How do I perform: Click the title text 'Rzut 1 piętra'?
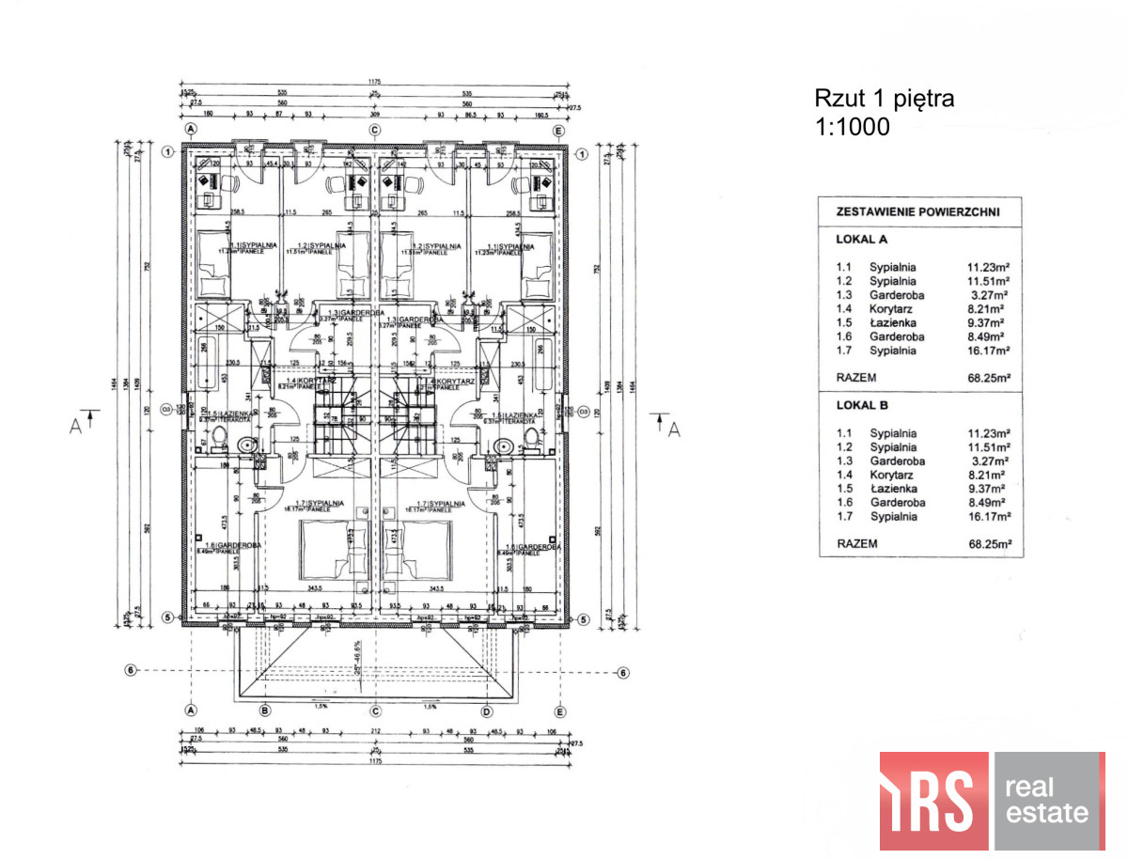coord(883,99)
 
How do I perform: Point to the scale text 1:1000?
coord(852,127)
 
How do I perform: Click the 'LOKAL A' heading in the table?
coord(862,240)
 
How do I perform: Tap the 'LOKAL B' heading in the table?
coord(862,405)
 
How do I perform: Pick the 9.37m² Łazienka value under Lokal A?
coord(990,322)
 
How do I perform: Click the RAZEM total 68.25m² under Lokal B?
coord(990,543)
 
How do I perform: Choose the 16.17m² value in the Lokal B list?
coord(990,516)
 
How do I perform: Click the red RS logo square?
coord(933,801)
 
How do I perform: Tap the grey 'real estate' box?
coord(1048,801)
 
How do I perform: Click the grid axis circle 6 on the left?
coord(131,670)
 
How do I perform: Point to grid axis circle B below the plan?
coord(264,711)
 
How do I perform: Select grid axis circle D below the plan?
coord(487,711)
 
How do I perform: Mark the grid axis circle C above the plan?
coord(374,130)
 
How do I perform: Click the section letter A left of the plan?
coord(75,425)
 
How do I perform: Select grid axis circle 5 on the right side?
coord(582,618)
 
